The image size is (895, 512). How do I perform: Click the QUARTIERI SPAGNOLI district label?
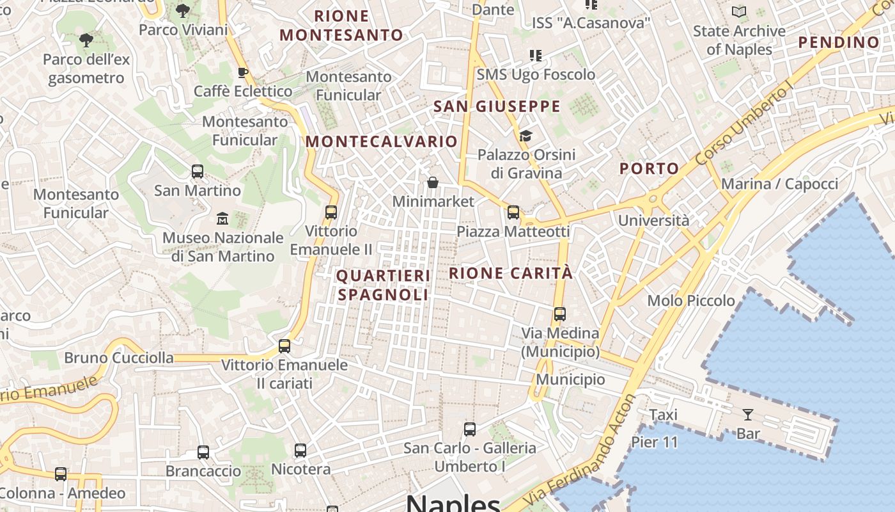pos(383,285)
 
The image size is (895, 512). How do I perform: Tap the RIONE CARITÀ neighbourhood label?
pos(511,273)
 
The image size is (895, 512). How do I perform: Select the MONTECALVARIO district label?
pos(382,141)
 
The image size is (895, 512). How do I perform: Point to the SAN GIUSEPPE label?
pos(497,106)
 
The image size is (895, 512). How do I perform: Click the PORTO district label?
pos(650,169)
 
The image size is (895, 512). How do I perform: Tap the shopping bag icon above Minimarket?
pos(433,183)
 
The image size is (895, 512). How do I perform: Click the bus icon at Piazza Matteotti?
pos(513,212)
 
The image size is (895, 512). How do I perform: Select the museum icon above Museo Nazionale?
pos(222,219)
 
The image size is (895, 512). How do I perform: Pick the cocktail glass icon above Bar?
pos(747,415)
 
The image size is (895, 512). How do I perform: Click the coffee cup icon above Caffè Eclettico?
pos(242,72)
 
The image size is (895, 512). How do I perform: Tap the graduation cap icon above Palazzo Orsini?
pos(525,136)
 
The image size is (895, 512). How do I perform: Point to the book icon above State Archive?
pos(739,12)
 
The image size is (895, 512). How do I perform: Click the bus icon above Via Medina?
pos(560,314)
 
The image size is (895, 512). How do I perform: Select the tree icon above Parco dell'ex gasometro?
pos(86,41)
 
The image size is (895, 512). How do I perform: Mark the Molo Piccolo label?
pos(691,301)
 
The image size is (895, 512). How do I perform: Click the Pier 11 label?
pos(655,442)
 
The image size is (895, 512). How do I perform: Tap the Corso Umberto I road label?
pos(745,126)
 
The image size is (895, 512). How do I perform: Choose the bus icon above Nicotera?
pos(300,451)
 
